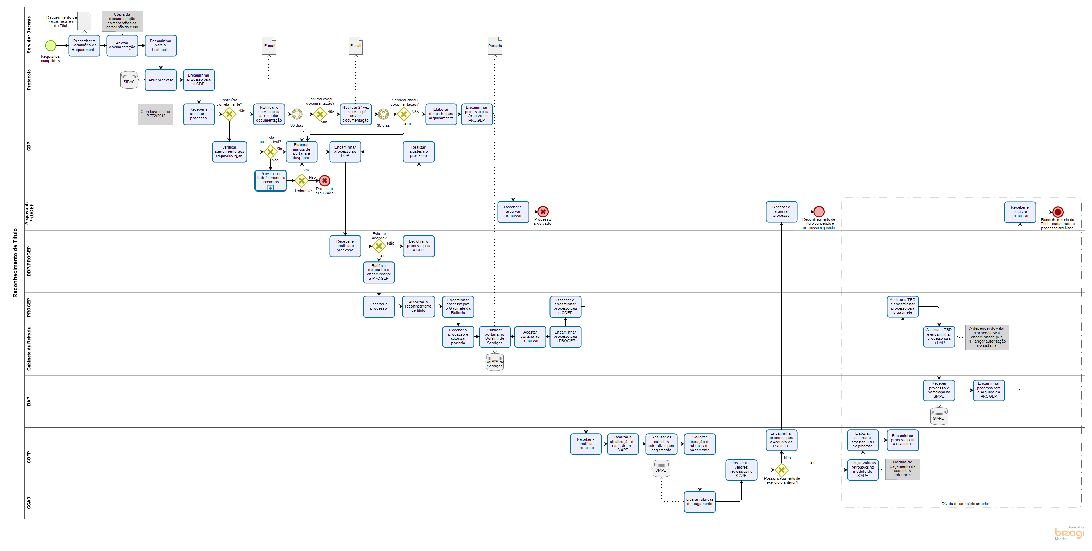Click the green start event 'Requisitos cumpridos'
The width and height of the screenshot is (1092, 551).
(51, 45)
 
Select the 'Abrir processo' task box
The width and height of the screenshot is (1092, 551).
(161, 80)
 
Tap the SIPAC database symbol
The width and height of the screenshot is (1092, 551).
(129, 80)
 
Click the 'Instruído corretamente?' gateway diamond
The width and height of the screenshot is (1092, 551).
(229, 114)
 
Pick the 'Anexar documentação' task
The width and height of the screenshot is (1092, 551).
(122, 45)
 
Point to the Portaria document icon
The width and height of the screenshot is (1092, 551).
(495, 45)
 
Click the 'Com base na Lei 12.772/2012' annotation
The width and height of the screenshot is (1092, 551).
(155, 114)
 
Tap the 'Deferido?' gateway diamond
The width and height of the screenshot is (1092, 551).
(302, 181)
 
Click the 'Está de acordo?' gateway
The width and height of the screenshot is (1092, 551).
(378, 246)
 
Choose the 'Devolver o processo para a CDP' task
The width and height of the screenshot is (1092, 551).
(418, 246)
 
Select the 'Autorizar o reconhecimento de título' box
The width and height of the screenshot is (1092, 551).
(418, 306)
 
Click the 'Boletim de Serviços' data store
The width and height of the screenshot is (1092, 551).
(495, 363)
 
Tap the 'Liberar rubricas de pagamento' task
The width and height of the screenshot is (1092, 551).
(699, 502)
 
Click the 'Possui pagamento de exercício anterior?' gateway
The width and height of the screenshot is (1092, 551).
(781, 470)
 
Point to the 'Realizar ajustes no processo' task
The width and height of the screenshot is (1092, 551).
(418, 152)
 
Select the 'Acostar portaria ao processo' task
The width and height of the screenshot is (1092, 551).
(530, 337)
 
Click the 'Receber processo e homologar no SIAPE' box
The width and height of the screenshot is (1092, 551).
(939, 390)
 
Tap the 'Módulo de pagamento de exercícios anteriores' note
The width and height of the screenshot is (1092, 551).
(903, 469)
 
